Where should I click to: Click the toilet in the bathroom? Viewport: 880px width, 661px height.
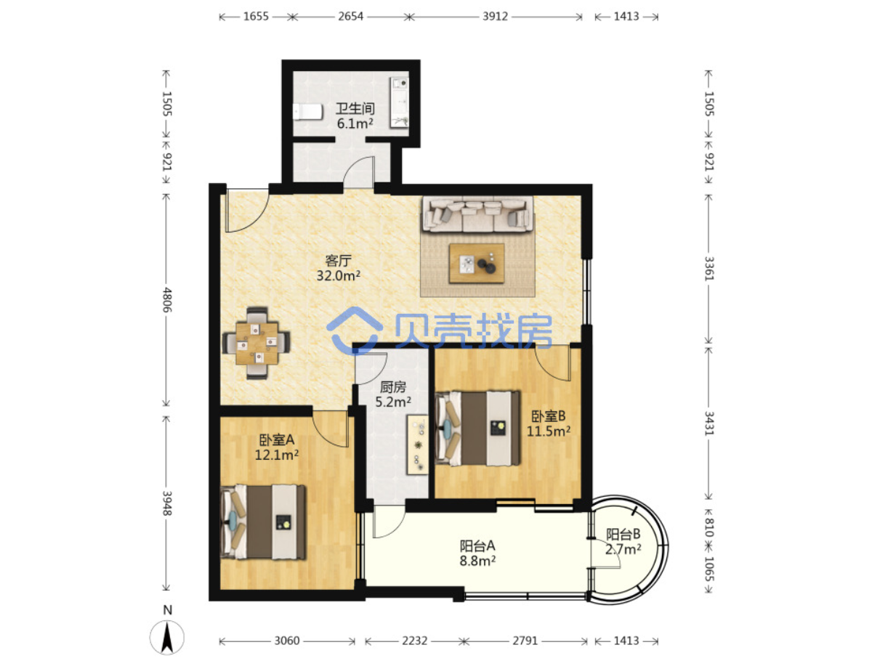click(307, 112)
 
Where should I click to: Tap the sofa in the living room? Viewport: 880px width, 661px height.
click(478, 214)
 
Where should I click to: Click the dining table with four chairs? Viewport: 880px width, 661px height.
click(257, 343)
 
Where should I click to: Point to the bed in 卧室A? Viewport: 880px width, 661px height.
click(263, 522)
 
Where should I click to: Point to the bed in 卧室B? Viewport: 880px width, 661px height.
click(477, 429)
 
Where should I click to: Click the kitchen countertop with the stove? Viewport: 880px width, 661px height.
click(418, 445)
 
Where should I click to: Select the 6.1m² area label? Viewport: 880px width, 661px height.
click(355, 123)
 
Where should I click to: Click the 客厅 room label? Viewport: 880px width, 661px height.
click(339, 261)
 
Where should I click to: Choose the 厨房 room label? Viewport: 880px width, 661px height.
click(393, 387)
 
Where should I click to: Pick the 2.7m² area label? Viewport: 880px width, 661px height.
click(623, 549)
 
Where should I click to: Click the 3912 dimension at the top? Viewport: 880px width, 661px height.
click(495, 17)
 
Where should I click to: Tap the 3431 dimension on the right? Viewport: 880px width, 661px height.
click(709, 423)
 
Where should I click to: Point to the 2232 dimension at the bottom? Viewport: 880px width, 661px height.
click(414, 641)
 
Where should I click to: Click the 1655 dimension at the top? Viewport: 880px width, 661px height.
click(257, 17)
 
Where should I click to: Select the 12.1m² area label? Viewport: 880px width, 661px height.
click(277, 455)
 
